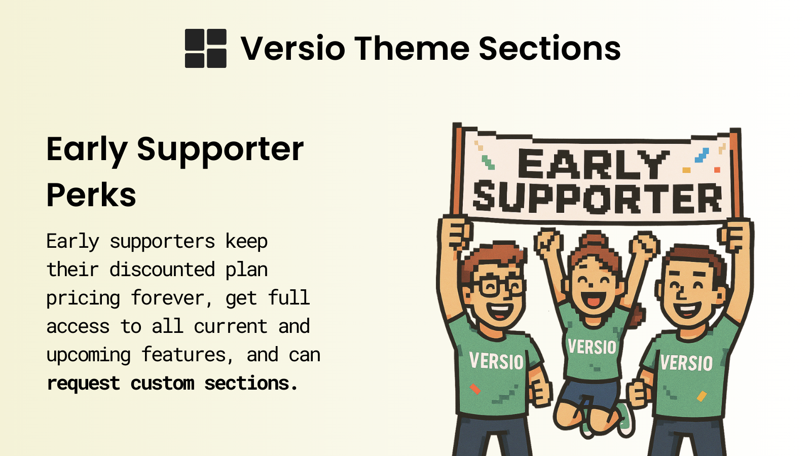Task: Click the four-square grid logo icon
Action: (205, 48)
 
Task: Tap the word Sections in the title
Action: (549, 49)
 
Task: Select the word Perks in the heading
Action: (91, 195)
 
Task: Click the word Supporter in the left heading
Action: (220, 149)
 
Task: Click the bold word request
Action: (83, 384)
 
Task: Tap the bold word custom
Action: (162, 384)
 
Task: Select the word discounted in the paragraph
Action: (162, 270)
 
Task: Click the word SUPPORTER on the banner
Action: (597, 198)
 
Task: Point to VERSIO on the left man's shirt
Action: (496, 361)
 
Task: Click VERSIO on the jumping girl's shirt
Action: (592, 347)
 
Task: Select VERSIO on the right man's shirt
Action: (686, 363)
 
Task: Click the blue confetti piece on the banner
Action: (702, 155)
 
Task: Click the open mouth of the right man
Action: (688, 309)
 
